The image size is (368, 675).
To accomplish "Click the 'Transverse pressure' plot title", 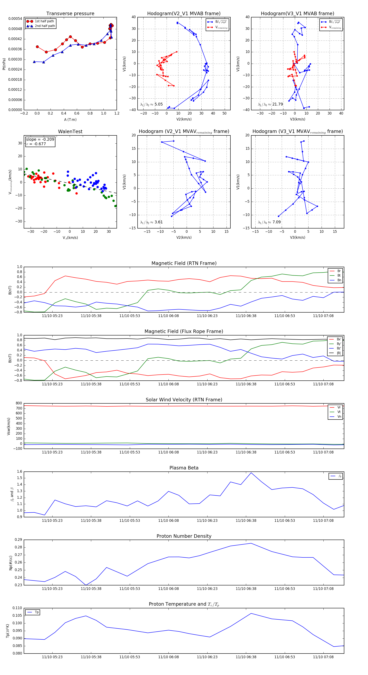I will tap(70, 14).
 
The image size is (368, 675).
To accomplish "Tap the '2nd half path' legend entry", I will tap(45, 26).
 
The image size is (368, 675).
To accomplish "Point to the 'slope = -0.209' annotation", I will tap(40, 139).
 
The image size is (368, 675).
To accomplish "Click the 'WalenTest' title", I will tap(70, 132).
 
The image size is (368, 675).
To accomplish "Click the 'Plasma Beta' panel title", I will tap(184, 468).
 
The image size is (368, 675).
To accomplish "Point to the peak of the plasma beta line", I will tap(251, 473).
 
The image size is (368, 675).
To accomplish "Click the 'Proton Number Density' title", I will tap(184, 536).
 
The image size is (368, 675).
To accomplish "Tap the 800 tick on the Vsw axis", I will tap(19, 403).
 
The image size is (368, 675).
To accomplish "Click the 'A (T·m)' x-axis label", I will tap(70, 120).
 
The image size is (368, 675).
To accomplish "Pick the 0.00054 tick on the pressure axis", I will tap(15, 19).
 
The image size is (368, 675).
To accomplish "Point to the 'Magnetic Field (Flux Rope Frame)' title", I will tap(184, 332).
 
